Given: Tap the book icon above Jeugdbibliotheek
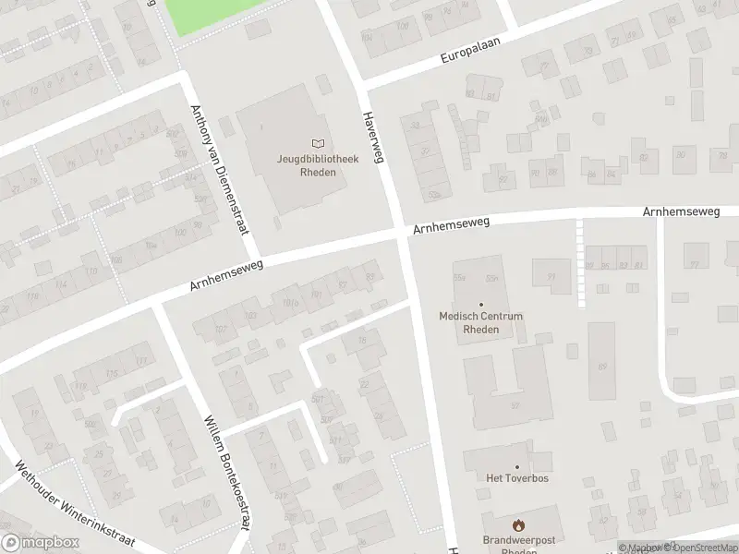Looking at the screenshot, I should click(318, 143).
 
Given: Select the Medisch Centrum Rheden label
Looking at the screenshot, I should click(480, 322).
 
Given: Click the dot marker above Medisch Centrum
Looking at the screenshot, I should click(480, 304).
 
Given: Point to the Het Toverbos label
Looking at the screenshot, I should click(516, 478).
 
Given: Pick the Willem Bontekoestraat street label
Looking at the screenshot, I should click(227, 470).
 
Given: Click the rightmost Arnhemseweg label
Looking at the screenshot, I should click(681, 212).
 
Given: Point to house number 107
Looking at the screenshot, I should click(220, 330).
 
